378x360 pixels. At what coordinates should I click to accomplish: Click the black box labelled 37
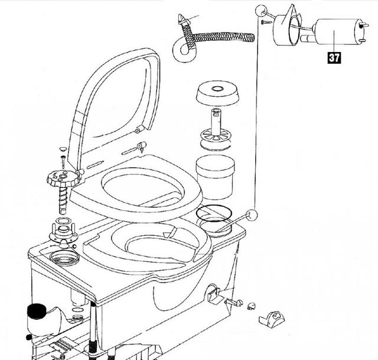tap(334, 58)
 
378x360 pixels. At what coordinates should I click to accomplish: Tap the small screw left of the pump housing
tap(266, 22)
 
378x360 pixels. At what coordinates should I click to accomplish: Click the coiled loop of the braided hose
tap(184, 50)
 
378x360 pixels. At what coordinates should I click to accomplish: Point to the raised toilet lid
tap(113, 106)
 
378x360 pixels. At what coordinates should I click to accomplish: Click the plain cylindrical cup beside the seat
tap(215, 177)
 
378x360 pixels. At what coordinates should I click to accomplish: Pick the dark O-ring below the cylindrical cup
tap(214, 213)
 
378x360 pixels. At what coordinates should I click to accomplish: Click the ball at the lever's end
tap(252, 215)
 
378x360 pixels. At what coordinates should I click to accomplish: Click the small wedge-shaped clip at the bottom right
tap(272, 319)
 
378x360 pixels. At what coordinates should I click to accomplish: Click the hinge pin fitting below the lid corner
tap(141, 146)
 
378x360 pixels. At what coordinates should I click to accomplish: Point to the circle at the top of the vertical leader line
tap(261, 11)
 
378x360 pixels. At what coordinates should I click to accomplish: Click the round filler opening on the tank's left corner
tap(64, 257)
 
